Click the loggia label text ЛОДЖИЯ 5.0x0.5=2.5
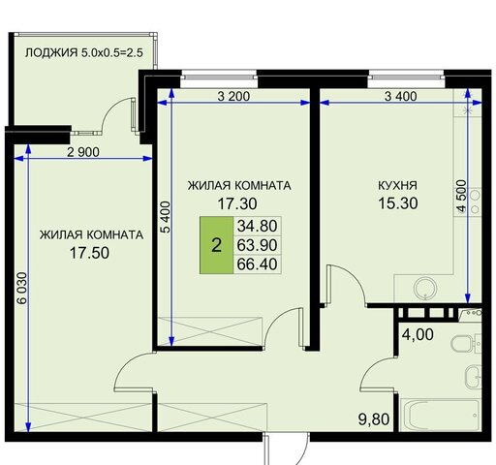coord(84,52)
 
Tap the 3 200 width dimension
coord(233,96)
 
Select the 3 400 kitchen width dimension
coord(400,96)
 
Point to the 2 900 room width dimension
coord(83,152)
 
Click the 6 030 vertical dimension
coord(22,288)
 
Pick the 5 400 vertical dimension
coord(166,217)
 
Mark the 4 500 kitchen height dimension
coord(462,196)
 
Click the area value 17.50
coord(89,253)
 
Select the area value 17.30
coord(237,203)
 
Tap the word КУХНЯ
coord(397,185)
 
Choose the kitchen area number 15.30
coord(398,203)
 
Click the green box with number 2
coord(217,245)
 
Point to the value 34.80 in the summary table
coord(257,226)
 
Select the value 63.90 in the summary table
coord(257,245)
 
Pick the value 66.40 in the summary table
coord(257,264)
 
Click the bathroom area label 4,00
coord(418,334)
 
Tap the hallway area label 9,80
coord(374,419)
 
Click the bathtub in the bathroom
coord(440,415)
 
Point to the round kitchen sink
coord(425,288)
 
